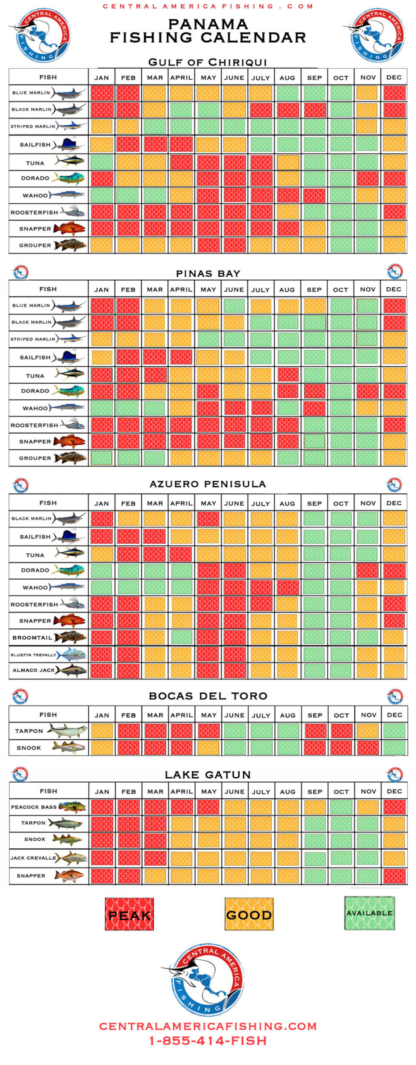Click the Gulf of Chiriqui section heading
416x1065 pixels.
pos(208,62)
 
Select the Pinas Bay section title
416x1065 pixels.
pos(208,274)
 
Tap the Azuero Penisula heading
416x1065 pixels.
pos(208,484)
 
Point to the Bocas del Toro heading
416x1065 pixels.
pos(208,696)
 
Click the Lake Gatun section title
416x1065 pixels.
pos(208,775)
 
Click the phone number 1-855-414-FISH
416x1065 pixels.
pos(208,1041)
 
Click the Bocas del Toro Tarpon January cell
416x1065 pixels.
pos(102,731)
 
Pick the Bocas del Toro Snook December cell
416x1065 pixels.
pos(394,748)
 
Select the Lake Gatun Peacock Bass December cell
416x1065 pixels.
pos(394,807)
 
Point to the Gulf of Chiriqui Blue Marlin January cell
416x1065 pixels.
pos(102,93)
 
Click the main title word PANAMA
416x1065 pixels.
pos(208,24)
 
